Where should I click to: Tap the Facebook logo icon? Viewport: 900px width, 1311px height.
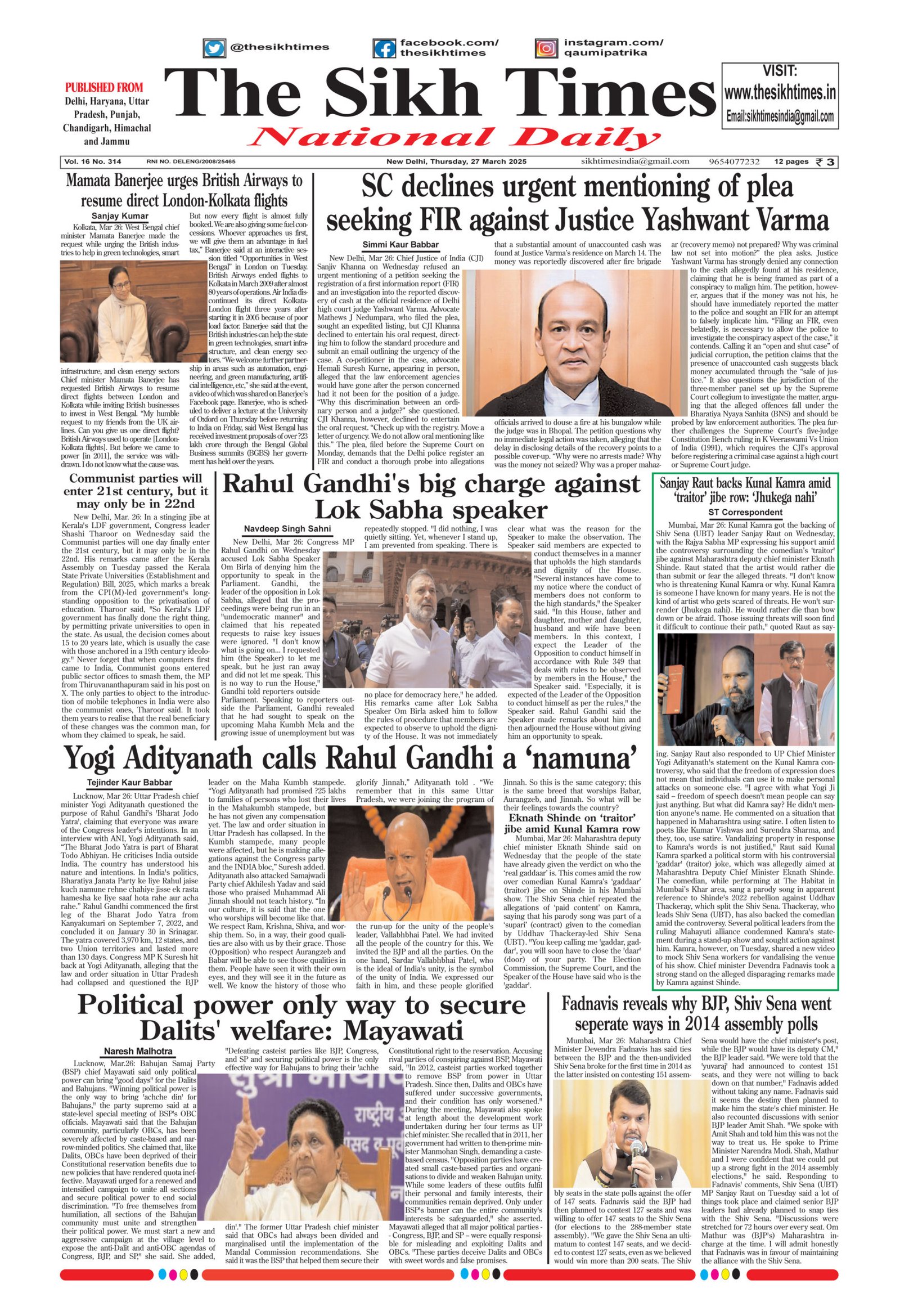click(x=385, y=48)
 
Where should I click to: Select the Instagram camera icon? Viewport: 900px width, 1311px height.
click(x=546, y=48)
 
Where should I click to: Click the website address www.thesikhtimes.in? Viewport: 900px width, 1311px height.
click(x=780, y=92)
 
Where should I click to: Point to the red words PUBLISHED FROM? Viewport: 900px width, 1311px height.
click(x=104, y=87)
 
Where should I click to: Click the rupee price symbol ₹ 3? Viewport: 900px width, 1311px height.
click(x=827, y=162)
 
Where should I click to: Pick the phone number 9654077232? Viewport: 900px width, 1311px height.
click(x=735, y=162)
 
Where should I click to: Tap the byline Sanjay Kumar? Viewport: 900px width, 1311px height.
click(x=120, y=216)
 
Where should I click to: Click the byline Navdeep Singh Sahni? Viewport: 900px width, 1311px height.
click(x=287, y=528)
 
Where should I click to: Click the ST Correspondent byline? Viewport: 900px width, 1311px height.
click(x=745, y=512)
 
